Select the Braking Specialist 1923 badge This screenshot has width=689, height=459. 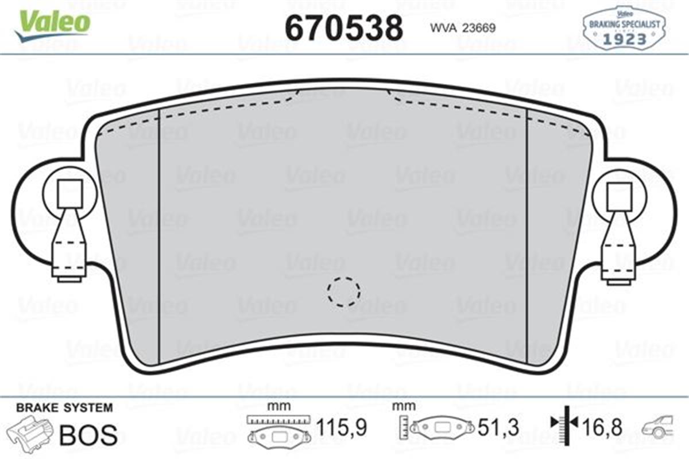coord(624,27)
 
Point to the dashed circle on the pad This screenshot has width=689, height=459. coord(344,291)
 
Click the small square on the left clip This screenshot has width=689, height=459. coord(69,193)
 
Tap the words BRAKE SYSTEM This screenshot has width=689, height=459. coord(64,408)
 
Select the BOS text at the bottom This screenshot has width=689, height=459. coord(88,435)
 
